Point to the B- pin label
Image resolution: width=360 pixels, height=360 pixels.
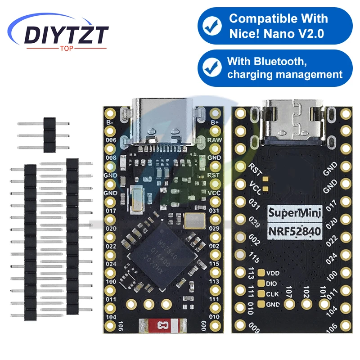109,122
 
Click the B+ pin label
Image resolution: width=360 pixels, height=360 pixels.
215,121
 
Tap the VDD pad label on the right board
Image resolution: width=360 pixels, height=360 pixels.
273,273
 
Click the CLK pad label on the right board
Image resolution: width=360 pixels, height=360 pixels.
272,294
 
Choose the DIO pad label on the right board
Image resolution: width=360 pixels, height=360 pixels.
272,283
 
